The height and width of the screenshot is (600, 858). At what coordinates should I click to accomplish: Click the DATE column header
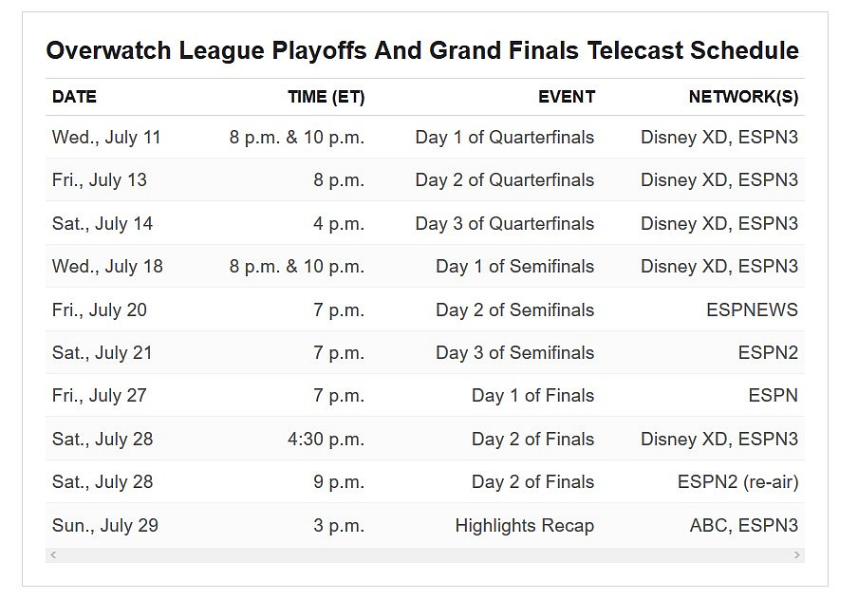74,97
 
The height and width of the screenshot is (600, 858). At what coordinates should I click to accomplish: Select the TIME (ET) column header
326,97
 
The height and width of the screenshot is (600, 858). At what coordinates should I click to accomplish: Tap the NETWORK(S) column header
743,97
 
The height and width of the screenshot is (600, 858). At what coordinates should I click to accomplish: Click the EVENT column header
566,97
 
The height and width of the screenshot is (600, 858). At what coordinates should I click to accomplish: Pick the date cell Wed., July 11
106,138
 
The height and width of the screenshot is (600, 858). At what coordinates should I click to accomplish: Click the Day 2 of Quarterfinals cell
504,180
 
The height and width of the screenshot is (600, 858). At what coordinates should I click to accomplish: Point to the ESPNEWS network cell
752,310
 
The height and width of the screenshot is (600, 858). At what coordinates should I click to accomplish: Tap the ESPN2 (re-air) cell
737,482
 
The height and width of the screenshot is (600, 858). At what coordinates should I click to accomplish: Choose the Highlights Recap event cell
524,526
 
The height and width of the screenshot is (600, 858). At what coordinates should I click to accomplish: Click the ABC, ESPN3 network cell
743,526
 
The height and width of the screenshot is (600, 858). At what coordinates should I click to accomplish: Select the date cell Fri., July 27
99,396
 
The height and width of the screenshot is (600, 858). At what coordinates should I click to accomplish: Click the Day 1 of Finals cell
532,396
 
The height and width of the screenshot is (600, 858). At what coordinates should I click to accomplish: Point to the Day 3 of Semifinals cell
514,353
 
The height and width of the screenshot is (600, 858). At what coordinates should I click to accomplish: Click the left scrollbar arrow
53,554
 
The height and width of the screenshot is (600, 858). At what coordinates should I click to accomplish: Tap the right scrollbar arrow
796,554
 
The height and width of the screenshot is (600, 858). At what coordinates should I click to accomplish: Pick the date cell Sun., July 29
104,526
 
